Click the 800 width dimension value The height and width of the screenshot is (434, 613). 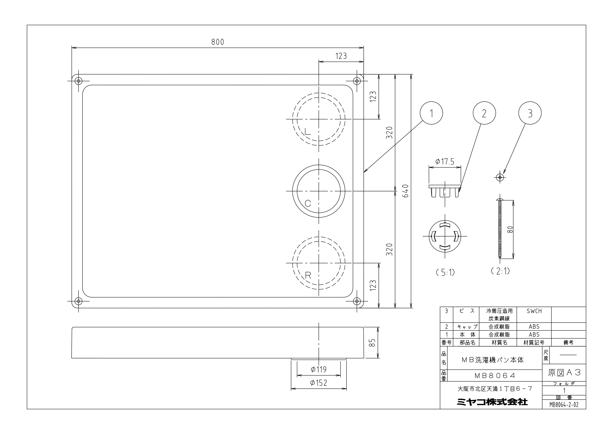tap(218, 42)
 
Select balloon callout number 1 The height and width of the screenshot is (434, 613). tap(431, 113)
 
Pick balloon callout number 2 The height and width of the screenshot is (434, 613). tap(484, 113)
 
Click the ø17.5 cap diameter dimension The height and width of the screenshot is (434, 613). tap(445, 162)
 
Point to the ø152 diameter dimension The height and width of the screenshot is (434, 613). tap(319, 383)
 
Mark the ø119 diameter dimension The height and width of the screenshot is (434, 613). tap(319, 369)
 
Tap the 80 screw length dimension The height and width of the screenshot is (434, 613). tap(510, 229)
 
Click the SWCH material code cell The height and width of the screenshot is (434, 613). tap(534, 311)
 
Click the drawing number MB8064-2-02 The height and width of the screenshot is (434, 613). tap(564, 405)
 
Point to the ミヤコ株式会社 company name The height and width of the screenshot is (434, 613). tap(492, 402)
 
